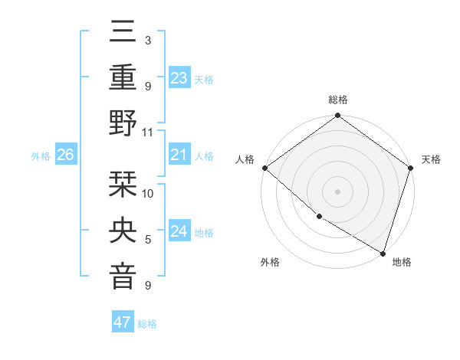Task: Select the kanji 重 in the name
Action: point(123,78)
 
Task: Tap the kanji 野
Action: point(123,123)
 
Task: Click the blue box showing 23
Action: point(179,78)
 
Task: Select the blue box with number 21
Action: point(179,155)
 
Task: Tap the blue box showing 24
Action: point(179,231)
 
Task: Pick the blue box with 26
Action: point(65,155)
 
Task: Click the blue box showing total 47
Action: point(123,322)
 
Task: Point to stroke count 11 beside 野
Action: point(148,132)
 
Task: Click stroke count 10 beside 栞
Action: point(148,193)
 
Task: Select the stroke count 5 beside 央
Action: point(148,240)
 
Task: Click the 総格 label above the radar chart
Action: point(337,100)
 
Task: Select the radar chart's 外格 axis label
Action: point(270,262)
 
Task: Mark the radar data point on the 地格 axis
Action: point(382,253)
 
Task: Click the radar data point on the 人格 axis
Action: point(264,168)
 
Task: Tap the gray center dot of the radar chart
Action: point(337,191)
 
